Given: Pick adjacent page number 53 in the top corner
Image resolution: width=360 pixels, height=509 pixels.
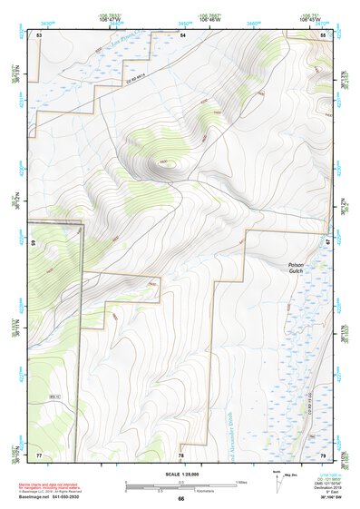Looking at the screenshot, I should pyautogui.click(x=39, y=34).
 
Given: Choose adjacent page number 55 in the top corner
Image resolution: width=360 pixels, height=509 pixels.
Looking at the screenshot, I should pyautogui.click(x=324, y=34).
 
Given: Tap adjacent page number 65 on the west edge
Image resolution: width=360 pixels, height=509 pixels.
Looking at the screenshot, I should pyautogui.click(x=34, y=244).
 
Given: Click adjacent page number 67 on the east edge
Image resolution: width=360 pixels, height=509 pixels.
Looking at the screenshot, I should pyautogui.click(x=326, y=243).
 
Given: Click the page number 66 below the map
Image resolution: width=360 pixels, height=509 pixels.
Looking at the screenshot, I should pyautogui.click(x=180, y=499).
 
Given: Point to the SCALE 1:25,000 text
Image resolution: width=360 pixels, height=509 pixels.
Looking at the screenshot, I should pyautogui.click(x=180, y=474).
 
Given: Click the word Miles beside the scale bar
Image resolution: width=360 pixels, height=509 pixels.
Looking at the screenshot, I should pyautogui.click(x=241, y=481).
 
